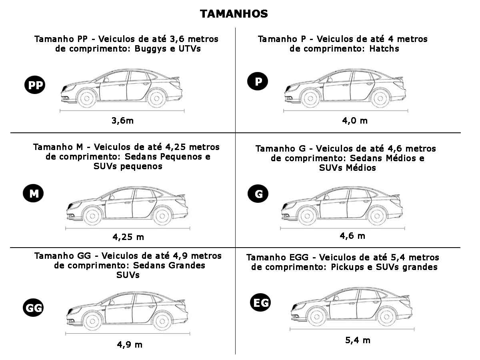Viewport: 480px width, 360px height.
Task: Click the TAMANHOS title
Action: (x=234, y=14)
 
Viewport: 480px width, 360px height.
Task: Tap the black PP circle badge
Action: (x=35, y=85)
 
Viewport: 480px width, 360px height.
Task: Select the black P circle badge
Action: (x=258, y=81)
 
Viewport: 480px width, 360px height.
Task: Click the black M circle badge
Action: (x=33, y=193)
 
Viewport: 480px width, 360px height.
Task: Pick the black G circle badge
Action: (x=258, y=194)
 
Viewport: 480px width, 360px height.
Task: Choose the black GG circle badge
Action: (x=33, y=308)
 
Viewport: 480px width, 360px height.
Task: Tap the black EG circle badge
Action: (x=260, y=302)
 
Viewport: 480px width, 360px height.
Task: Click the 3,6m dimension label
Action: (x=122, y=121)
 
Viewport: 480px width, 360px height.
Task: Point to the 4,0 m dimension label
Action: (x=355, y=121)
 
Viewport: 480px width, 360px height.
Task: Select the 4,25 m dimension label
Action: (x=128, y=237)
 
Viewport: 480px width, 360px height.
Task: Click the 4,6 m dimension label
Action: (x=352, y=236)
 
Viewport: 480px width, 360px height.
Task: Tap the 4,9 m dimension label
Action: (x=130, y=345)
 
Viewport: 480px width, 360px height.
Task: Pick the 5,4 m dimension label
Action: (x=358, y=340)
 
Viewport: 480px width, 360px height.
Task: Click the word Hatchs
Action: (x=384, y=48)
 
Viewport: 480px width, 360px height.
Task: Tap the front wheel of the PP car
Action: (x=87, y=98)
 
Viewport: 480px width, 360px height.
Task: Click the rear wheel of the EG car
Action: (x=387, y=317)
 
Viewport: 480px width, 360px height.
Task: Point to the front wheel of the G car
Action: (x=307, y=216)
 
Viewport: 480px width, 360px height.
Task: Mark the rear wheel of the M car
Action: (x=162, y=216)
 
